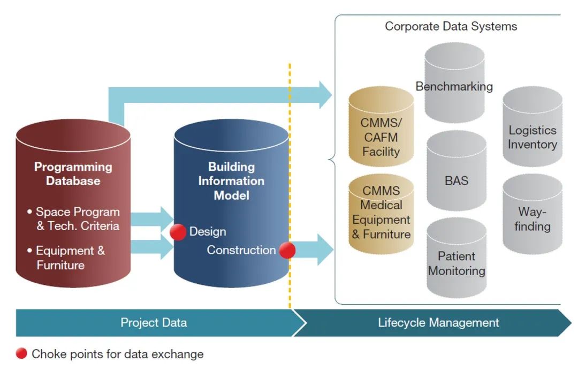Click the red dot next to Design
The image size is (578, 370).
coord(178,232)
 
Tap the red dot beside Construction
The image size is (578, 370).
coord(287,251)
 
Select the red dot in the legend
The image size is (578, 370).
coord(21,353)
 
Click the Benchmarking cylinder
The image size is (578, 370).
coord(454,82)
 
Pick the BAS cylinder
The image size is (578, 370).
coord(457,170)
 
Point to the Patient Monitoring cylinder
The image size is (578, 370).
coord(457,258)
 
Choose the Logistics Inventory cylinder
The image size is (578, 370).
coord(533,126)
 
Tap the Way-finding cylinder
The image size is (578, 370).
coord(533,214)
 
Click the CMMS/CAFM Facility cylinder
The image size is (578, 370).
coord(381,126)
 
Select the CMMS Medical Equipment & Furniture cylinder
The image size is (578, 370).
coord(381,214)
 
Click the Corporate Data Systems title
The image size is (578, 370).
coord(451,27)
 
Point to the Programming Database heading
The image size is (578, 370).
coord(73,173)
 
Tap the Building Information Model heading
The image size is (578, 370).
coord(232,181)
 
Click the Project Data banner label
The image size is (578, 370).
coord(154,323)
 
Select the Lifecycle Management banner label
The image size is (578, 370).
coord(438,323)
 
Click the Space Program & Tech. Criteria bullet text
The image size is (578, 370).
coord(74,219)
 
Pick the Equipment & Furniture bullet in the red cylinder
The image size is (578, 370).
coord(66,258)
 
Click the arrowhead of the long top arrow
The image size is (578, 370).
coord(325,95)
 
